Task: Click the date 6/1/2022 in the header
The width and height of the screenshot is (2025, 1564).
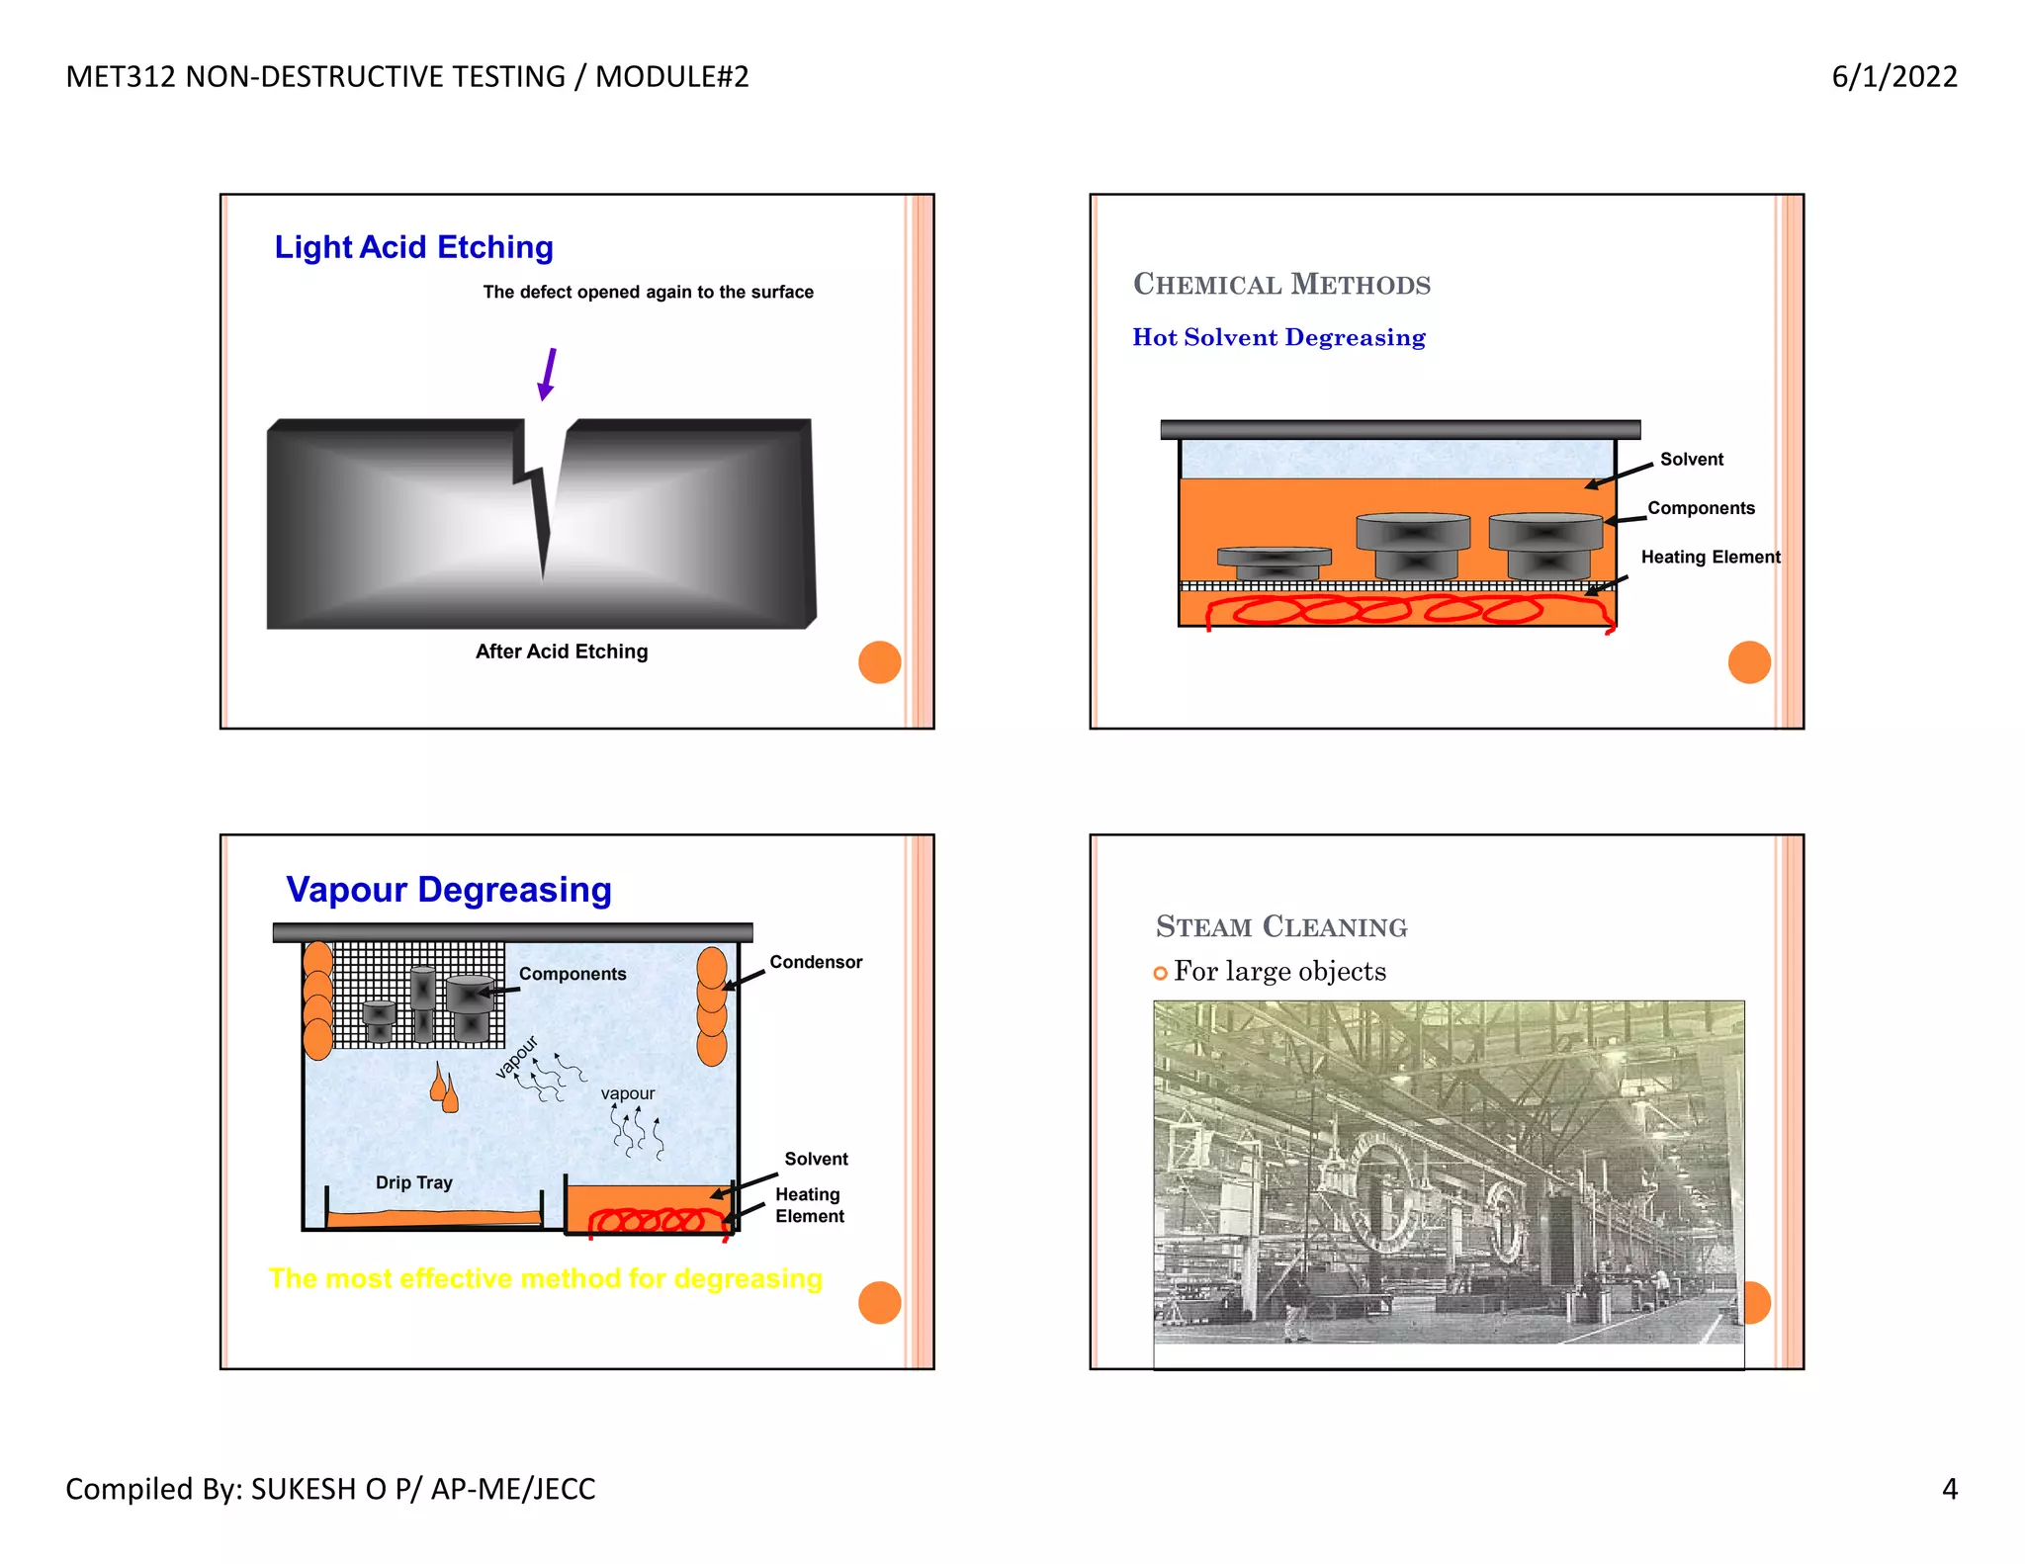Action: pyautogui.click(x=1893, y=76)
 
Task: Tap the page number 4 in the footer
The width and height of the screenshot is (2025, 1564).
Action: pyautogui.click(x=1949, y=1489)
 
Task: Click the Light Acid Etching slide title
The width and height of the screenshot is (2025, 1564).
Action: pyautogui.click(x=413, y=247)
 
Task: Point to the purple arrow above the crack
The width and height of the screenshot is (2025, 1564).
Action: pyautogui.click(x=547, y=374)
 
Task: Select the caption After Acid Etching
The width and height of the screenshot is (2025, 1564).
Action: pyautogui.click(x=562, y=652)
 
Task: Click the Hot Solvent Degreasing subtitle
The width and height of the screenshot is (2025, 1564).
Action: pyautogui.click(x=1278, y=337)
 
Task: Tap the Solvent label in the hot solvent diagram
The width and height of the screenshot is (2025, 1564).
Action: pyautogui.click(x=1691, y=459)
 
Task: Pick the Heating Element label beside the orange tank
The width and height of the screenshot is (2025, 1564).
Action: pyautogui.click(x=1710, y=557)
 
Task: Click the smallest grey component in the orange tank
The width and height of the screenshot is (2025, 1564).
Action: pyautogui.click(x=1274, y=563)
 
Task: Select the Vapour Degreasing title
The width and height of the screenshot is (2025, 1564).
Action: pyautogui.click(x=449, y=890)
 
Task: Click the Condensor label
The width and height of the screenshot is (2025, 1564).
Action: pyautogui.click(x=815, y=962)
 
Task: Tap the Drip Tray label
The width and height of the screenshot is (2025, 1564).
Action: pyautogui.click(x=413, y=1182)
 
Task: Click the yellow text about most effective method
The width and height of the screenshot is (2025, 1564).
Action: pyautogui.click(x=545, y=1279)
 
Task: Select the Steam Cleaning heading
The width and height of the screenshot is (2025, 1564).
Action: pyautogui.click(x=1280, y=926)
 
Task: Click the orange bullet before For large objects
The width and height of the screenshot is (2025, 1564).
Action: pyautogui.click(x=1160, y=973)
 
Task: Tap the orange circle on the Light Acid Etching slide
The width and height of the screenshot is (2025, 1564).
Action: pyautogui.click(x=879, y=661)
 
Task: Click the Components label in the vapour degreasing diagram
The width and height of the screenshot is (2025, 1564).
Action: pyautogui.click(x=572, y=974)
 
